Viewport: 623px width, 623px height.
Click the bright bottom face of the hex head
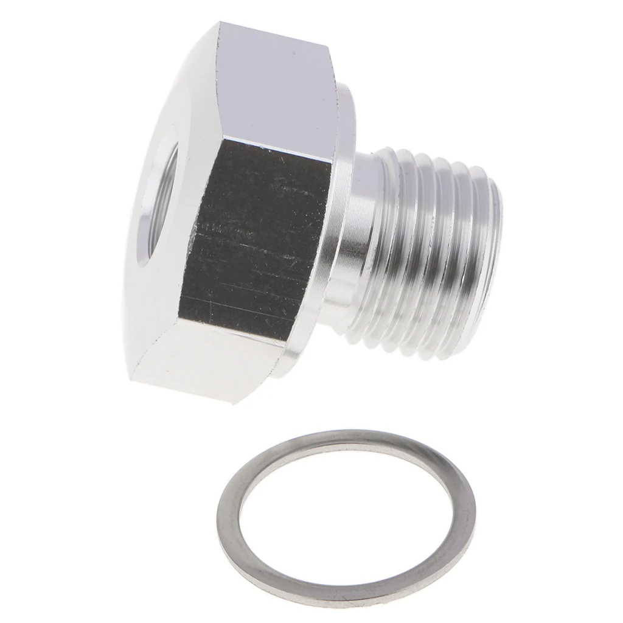click(x=201, y=359)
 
